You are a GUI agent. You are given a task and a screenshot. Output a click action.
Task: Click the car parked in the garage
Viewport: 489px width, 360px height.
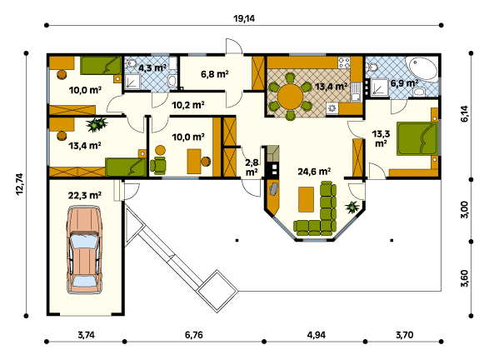pos(84,250)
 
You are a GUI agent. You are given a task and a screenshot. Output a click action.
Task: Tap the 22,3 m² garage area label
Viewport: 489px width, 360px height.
pos(84,196)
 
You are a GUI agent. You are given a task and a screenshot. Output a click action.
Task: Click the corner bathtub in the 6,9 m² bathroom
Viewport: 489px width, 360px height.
pos(423,68)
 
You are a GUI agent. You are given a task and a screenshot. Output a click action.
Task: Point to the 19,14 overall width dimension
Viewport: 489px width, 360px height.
pos(244,18)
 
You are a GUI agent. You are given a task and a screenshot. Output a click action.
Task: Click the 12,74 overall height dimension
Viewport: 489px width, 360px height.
pos(20,184)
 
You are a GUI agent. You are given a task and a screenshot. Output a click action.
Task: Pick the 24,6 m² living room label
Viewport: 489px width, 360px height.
pos(314,172)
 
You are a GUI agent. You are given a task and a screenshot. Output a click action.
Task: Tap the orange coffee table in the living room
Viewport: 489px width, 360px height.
pos(306,199)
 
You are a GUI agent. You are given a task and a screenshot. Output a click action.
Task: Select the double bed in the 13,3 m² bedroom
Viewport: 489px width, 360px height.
pos(417,138)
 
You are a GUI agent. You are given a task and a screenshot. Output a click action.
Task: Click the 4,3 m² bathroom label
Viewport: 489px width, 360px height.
pos(152,67)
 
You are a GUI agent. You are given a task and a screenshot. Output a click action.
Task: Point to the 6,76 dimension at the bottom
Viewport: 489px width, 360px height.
pos(193,335)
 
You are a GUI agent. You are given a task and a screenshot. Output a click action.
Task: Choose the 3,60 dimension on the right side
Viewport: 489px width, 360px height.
pos(464,278)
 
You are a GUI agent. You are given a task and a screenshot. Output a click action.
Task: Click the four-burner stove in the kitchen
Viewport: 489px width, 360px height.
pos(344,62)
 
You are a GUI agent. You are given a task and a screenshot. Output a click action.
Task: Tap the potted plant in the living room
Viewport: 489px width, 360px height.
pos(352,207)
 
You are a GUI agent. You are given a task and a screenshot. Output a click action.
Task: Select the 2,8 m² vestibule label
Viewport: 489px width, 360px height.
pos(252,167)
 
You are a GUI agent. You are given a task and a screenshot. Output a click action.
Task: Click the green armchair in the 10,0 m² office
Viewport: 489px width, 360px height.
pos(158,165)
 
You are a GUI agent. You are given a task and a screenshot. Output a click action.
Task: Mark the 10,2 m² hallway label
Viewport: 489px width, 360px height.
pos(188,105)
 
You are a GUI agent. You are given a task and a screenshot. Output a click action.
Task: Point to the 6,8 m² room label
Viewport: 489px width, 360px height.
pos(215,74)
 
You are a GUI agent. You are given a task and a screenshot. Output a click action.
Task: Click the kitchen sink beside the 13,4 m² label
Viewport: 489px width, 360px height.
pos(356,92)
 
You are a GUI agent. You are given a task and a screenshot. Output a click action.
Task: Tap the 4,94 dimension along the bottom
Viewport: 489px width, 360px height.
pos(317,335)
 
